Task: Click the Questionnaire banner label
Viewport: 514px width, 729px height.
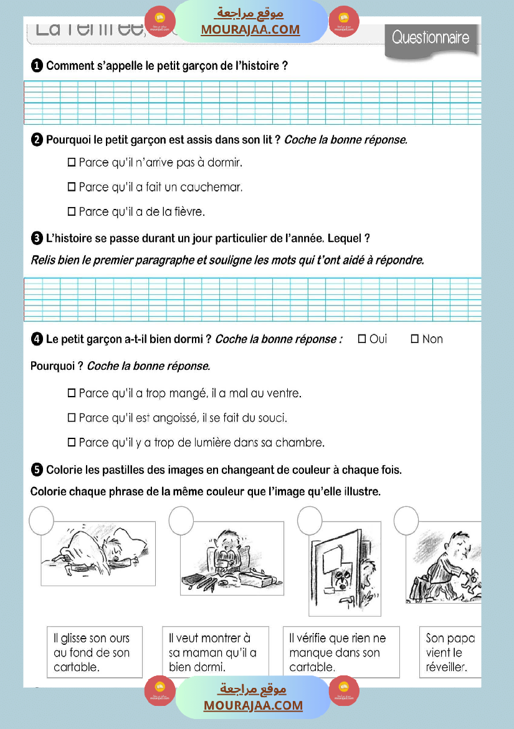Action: pyautogui.click(x=431, y=38)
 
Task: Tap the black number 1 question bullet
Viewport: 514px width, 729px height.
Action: pyautogui.click(x=37, y=65)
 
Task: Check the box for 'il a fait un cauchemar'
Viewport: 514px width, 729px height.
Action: pyautogui.click(x=71, y=187)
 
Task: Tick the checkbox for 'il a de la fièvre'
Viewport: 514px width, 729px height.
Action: pyautogui.click(x=71, y=211)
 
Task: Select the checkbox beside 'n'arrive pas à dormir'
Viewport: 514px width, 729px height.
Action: pyautogui.click(x=71, y=163)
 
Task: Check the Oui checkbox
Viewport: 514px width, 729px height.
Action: pyautogui.click(x=362, y=339)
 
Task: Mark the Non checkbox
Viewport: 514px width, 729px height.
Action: pyautogui.click(x=415, y=339)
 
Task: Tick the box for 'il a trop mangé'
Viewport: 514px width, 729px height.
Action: pyautogui.click(x=71, y=393)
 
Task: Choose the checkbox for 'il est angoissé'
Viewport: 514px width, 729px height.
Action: pyautogui.click(x=71, y=418)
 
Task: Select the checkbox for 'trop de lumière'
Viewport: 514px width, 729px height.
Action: pyautogui.click(x=71, y=443)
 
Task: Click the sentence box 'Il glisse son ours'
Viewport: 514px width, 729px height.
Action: pyautogui.click(x=95, y=652)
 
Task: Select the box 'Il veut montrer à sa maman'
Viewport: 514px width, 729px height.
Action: pyautogui.click(x=215, y=652)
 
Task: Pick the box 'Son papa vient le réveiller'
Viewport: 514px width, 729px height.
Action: pyautogui.click(x=450, y=652)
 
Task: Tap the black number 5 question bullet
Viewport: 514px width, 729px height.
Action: pyautogui.click(x=37, y=470)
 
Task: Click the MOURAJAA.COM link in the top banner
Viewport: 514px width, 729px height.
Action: pyautogui.click(x=250, y=29)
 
